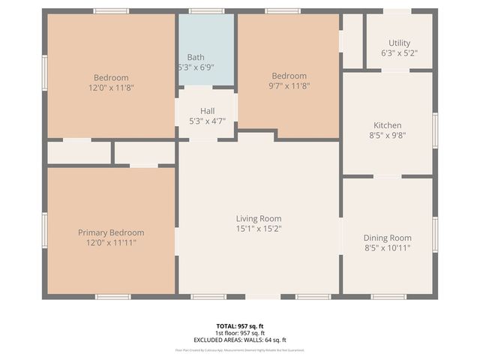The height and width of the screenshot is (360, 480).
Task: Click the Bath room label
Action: [196, 57]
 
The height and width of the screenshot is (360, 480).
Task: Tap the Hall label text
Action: [207, 111]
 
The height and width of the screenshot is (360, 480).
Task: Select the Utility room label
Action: [399, 43]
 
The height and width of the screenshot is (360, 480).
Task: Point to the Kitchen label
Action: [388, 125]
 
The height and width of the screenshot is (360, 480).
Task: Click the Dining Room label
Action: [388, 238]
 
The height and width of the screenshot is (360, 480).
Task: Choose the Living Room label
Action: [259, 218]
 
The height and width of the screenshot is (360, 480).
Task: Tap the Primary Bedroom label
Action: [111, 232]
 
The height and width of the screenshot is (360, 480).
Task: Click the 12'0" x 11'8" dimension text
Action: [111, 87]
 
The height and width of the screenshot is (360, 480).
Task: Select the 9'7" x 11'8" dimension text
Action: [289, 86]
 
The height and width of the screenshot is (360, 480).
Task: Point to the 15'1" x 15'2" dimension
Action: [259, 229]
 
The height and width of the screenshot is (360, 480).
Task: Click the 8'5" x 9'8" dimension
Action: [388, 136]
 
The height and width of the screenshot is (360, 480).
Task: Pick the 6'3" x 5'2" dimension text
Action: [399, 53]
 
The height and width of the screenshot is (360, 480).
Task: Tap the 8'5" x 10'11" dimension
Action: [388, 248]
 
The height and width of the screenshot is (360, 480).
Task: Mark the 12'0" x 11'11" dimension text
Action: [111, 242]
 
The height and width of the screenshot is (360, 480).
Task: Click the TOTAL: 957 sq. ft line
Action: [240, 326]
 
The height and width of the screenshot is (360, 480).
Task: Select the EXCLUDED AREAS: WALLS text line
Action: [240, 340]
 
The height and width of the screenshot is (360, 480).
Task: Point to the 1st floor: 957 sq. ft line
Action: [240, 333]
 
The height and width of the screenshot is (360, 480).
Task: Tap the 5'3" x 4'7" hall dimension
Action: [207, 121]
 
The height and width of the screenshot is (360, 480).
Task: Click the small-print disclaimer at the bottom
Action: [240, 349]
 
